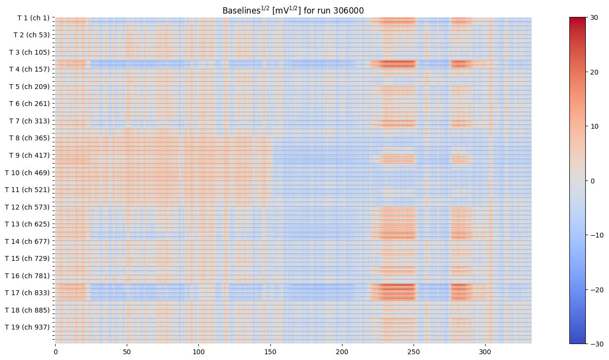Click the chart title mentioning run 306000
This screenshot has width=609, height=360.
293,10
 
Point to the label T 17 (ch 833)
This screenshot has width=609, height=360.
28,293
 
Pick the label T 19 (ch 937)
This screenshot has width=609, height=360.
28,327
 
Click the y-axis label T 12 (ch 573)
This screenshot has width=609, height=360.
28,207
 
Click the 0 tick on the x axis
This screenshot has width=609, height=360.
55,351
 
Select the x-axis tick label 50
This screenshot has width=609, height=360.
127,351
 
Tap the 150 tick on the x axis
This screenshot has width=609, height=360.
270,351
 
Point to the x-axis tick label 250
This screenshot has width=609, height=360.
414,351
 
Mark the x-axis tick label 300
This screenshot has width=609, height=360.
485,351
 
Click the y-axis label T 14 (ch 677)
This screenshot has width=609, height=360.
28,241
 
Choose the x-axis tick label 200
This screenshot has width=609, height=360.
342,351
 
